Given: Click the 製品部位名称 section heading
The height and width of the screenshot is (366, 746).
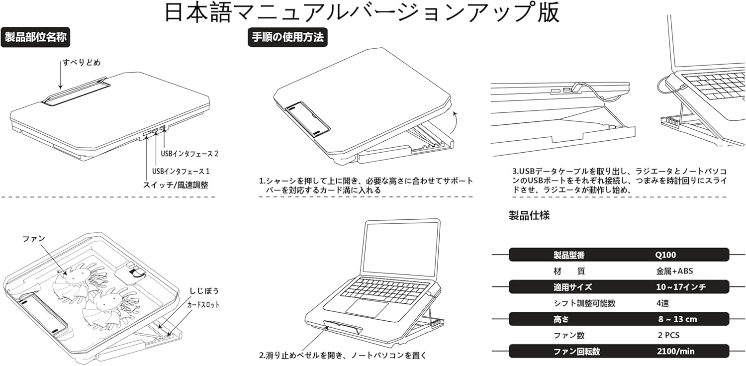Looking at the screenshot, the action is coord(35,38).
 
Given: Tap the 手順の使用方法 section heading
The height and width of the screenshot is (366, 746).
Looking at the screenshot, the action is coord(287,38).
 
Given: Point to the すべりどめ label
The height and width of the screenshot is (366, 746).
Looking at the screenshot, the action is coord(82,63).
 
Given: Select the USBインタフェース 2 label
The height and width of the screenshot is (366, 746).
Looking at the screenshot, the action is coord(189,154).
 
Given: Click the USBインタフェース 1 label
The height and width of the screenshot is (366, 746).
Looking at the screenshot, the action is coord(181,171).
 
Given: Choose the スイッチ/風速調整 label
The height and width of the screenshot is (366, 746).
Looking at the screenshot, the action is coord(176,185).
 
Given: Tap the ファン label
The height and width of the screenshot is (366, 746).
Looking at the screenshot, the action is coord(34,238).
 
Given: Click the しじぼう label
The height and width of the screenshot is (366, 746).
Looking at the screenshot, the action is coord(204,291).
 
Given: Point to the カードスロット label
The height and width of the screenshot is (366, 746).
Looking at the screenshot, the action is coord(203,304).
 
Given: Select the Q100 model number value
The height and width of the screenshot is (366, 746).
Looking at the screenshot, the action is coord(666,255).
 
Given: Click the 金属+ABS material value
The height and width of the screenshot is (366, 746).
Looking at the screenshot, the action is coord(674,271).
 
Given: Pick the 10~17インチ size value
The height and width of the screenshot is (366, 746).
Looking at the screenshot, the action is coord(681,287).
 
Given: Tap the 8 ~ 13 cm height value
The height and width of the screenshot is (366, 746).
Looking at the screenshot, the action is coord(677,319).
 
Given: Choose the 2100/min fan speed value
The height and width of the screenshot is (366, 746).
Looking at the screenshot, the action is coord(675,351).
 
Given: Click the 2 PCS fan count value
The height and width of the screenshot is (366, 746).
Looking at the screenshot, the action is coord(668,335).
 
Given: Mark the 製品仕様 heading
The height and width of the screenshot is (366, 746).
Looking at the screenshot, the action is coord(529,215).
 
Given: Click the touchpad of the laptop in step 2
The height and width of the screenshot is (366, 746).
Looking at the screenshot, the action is coord(367,307).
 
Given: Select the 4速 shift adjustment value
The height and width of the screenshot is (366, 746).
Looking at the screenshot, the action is coord(662,303).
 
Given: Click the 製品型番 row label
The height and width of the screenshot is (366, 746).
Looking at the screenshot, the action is coord(569,255).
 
